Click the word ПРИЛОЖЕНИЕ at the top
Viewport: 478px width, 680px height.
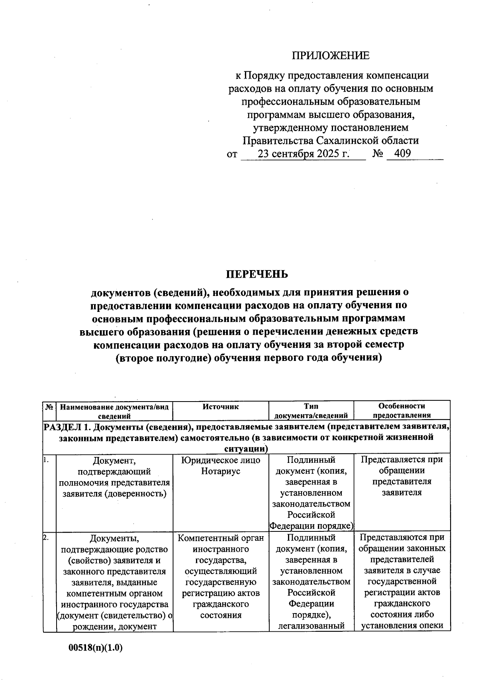(x=331, y=55)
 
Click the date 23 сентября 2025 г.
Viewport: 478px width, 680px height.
(x=304, y=154)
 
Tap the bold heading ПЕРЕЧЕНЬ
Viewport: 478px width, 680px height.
(x=257, y=274)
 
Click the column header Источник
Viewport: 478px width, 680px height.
(x=221, y=406)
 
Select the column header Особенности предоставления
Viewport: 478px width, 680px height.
(x=402, y=410)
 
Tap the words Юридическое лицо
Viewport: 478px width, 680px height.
(x=221, y=460)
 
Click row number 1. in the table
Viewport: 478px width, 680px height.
(x=47, y=459)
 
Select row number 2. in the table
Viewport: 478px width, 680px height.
(x=47, y=537)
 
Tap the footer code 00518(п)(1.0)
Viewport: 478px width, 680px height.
(x=96, y=648)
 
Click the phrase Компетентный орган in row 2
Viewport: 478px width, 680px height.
(x=221, y=538)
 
